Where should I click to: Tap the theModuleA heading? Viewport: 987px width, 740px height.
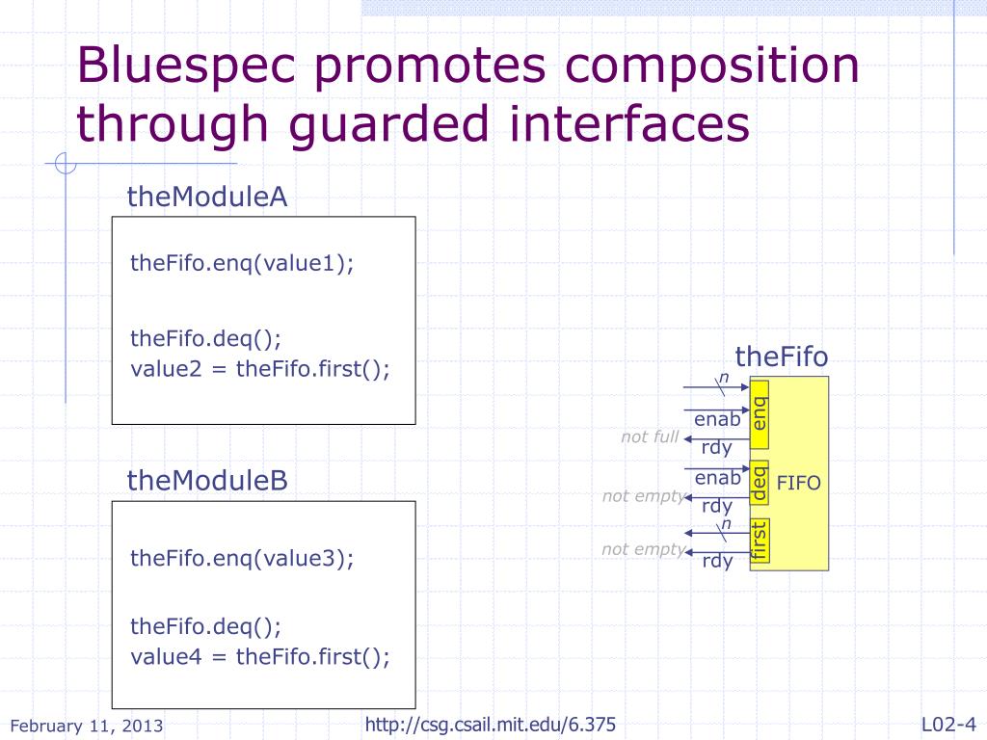point(207,198)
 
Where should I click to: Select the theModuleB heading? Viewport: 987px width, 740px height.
point(207,481)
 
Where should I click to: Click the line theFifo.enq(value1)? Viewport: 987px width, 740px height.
point(242,264)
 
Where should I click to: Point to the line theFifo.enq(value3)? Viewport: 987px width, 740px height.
point(242,558)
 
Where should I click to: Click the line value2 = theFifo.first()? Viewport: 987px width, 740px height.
point(260,369)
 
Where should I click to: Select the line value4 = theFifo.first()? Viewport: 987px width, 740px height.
point(260,657)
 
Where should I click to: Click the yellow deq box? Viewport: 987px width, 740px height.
point(760,483)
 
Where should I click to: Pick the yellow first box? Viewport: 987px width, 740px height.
point(760,541)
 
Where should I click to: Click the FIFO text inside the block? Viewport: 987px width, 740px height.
point(798,483)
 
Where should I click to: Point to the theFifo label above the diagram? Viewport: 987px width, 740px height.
point(782,357)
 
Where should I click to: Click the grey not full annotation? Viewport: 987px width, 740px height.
point(650,437)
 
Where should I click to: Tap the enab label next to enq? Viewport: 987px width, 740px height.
point(717,420)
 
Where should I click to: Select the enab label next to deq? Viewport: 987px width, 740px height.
point(717,478)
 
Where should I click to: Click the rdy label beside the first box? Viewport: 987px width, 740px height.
point(717,562)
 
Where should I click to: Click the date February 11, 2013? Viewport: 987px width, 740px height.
point(86,726)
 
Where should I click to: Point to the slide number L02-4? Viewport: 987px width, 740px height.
point(948,725)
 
